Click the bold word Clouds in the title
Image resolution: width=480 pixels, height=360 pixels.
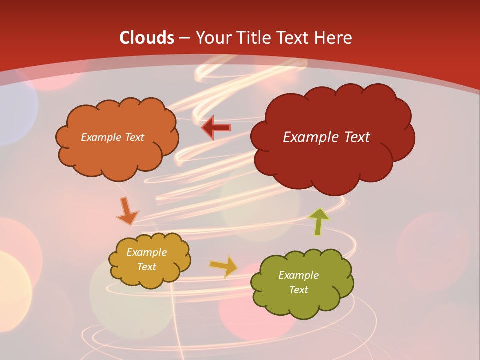(x=147, y=38)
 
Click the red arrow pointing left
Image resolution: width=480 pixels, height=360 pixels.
(x=216, y=128)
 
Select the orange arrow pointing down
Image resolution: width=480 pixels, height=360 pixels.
(x=126, y=211)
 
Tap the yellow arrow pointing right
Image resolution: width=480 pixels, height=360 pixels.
(x=224, y=267)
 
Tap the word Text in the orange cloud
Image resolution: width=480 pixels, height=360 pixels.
(x=135, y=137)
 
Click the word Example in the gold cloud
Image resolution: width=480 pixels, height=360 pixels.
(x=146, y=252)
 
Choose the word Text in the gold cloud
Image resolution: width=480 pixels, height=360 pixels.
(x=146, y=267)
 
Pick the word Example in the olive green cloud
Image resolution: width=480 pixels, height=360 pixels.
(x=298, y=275)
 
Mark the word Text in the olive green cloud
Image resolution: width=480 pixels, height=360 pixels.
(x=298, y=290)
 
